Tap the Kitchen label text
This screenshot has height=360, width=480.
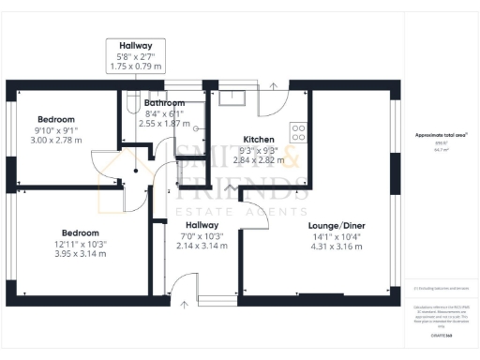258,138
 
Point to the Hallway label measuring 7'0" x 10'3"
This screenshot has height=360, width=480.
202,226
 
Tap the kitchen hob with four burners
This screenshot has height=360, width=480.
299,132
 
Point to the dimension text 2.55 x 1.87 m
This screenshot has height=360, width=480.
164,123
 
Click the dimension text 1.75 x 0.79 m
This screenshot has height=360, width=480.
135,67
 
